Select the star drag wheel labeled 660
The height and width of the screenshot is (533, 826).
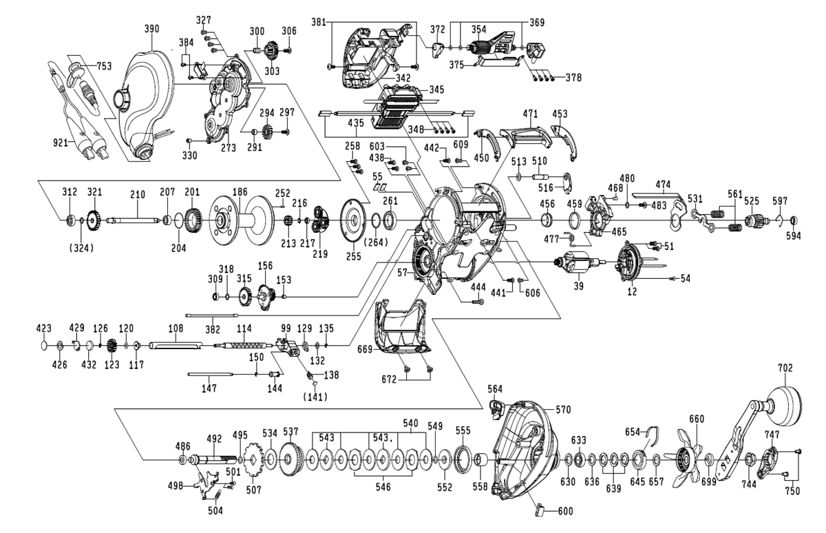click(x=688, y=457)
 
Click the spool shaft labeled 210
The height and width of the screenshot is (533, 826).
click(x=138, y=220)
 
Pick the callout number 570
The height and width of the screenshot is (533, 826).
click(x=564, y=410)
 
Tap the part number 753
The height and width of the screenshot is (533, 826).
click(x=104, y=66)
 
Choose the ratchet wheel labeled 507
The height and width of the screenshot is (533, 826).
click(x=253, y=460)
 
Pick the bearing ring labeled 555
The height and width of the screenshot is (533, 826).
click(x=463, y=457)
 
